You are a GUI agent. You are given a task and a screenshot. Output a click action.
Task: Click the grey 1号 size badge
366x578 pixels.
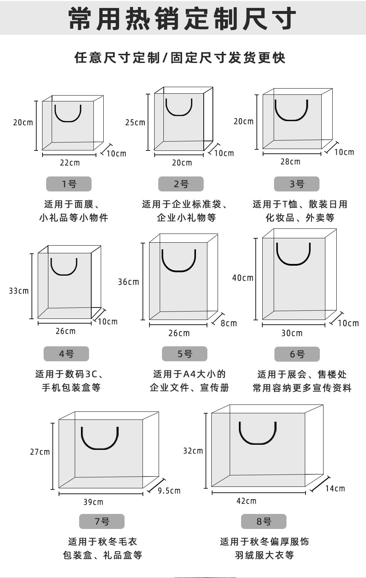point(69,184)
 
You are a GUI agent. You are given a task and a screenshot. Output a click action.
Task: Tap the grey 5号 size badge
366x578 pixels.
point(185,354)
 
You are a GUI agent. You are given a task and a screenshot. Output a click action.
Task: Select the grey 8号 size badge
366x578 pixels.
point(263,521)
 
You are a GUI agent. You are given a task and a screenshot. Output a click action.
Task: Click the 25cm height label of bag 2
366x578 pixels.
point(135,122)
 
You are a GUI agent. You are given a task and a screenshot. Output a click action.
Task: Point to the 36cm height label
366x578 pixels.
point(129,282)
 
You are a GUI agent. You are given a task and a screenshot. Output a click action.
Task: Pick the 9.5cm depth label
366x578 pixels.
point(169,491)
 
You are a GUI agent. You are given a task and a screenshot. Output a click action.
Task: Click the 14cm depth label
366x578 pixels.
point(335,488)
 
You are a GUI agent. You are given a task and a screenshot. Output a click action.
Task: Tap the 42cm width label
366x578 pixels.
point(246,501)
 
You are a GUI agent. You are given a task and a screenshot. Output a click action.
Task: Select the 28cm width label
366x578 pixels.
point(290,161)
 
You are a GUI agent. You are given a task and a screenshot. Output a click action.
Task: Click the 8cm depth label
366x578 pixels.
point(229,323)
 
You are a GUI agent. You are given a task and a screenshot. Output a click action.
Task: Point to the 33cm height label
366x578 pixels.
point(19,291)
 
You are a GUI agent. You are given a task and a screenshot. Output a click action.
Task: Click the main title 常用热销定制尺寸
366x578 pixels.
point(182,18)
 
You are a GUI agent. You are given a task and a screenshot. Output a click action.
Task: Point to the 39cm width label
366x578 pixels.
point(93,502)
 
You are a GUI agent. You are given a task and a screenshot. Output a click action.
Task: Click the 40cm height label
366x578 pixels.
point(243,278)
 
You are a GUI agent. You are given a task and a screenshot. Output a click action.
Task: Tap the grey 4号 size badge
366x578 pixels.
point(66,354)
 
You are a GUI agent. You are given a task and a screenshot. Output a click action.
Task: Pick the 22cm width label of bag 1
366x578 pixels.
point(70,163)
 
